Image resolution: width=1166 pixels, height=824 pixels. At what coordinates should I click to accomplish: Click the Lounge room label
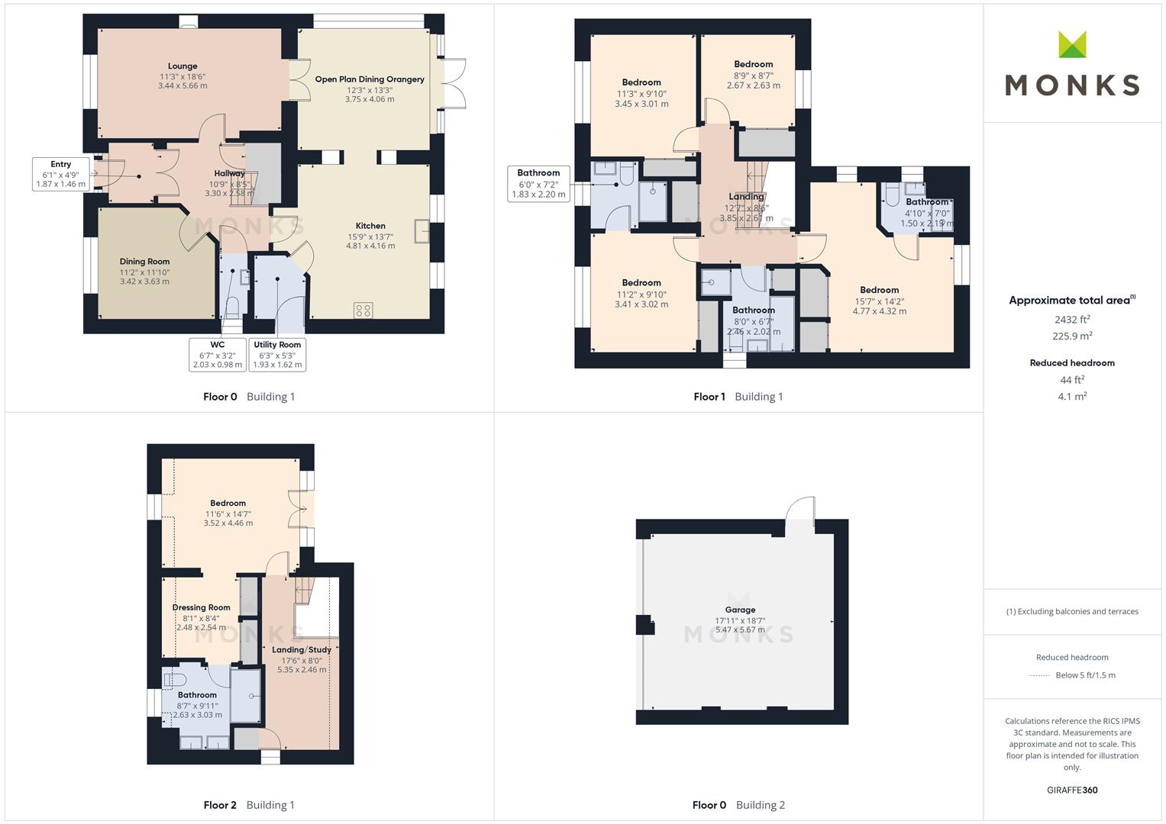(182, 66)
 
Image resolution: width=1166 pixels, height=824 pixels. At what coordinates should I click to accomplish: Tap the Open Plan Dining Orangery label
(370, 79)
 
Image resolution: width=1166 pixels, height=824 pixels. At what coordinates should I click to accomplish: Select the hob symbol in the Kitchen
(363, 311)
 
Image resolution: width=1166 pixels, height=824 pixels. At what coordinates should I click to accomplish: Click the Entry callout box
(61, 174)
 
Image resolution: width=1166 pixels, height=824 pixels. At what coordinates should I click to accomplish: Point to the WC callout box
(218, 354)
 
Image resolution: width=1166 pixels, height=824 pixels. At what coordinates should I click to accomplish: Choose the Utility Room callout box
(277, 354)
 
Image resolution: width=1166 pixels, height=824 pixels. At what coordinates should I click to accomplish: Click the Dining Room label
(145, 261)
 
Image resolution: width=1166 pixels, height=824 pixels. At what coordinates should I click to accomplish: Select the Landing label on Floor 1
(747, 197)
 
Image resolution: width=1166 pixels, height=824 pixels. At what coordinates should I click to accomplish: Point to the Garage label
(740, 610)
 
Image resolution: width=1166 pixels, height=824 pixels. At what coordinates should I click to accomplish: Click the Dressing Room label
(202, 607)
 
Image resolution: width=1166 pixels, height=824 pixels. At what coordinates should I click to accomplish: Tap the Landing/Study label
(302, 650)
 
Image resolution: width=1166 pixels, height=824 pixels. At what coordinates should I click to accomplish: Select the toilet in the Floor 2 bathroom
(175, 680)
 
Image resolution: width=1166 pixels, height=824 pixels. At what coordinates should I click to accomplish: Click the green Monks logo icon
(1072, 44)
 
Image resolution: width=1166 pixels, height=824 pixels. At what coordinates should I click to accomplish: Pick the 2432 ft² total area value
(1072, 320)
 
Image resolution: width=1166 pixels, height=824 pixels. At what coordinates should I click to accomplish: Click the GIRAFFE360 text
(1072, 790)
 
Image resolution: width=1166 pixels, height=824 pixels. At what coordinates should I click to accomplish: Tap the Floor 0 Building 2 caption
(738, 805)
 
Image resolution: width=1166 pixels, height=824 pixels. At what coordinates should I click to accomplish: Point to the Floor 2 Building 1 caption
(249, 805)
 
